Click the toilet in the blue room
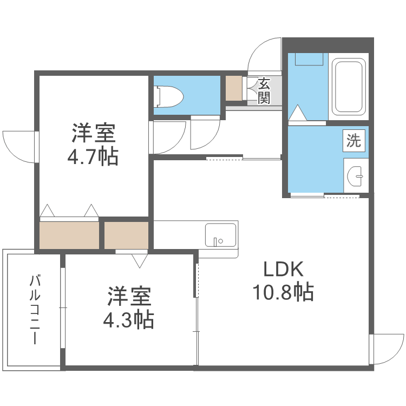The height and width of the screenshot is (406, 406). (169, 96)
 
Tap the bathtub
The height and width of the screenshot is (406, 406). (349, 86)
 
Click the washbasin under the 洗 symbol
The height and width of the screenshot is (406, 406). (356, 174)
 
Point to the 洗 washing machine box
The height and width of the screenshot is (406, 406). (353, 142)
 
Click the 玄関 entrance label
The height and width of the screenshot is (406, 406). (264, 90)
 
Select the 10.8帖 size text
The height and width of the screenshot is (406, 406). (283, 292)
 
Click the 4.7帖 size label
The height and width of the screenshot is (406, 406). (93, 156)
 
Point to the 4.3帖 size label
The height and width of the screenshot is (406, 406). (129, 319)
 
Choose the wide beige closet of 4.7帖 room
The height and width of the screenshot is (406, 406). (69, 235)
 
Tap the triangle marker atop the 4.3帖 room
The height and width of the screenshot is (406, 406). (140, 260)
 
